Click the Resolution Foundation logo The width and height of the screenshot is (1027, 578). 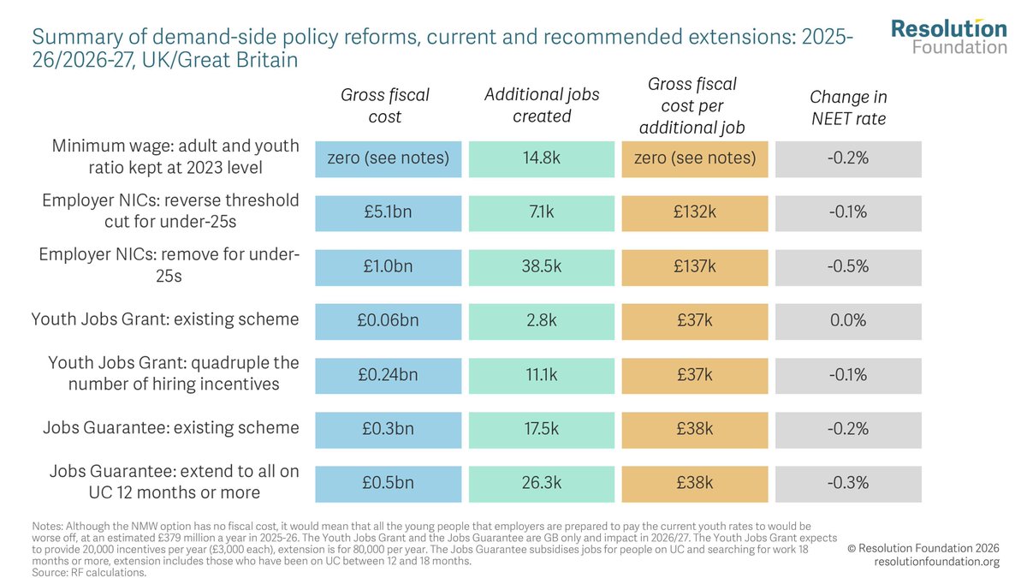coord(948,37)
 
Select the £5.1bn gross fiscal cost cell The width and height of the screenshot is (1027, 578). coord(388,213)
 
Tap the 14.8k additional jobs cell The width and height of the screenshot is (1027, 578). coord(542,159)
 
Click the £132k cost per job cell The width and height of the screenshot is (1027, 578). coord(695,213)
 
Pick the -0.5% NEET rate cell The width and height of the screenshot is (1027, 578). coord(848,267)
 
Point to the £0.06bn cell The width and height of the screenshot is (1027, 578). coord(388,322)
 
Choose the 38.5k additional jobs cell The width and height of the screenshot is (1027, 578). coord(542,267)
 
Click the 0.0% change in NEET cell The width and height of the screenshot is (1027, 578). coord(848,322)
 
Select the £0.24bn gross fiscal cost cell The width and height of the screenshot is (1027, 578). coord(388,376)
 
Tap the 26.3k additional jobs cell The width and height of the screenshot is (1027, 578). coord(542,484)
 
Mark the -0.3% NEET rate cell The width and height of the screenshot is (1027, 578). coord(848,484)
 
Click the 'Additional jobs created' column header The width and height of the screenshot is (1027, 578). coord(542,105)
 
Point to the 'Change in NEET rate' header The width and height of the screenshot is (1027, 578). coord(849,108)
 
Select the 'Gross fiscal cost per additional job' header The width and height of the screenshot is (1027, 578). coord(692,105)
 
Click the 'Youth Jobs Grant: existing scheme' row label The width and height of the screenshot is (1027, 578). coord(165,319)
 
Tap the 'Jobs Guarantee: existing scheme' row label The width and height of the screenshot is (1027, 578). coord(171,427)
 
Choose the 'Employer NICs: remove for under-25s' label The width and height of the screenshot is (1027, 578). coord(169,265)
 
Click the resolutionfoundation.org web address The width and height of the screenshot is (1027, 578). coord(936,562)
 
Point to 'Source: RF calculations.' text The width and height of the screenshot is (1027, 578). coord(89,573)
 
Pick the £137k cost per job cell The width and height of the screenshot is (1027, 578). coord(695,267)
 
